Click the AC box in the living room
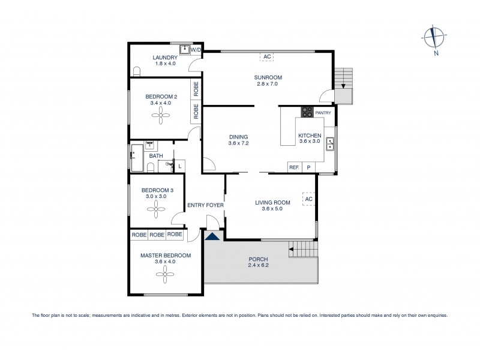[309, 199]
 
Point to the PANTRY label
[323, 112]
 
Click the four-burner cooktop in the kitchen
[307, 112]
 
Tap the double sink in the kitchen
[330, 144]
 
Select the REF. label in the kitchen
[294, 168]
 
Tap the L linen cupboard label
[181, 166]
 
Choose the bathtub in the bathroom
[137, 157]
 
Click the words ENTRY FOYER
[205, 205]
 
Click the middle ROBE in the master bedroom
[157, 235]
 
